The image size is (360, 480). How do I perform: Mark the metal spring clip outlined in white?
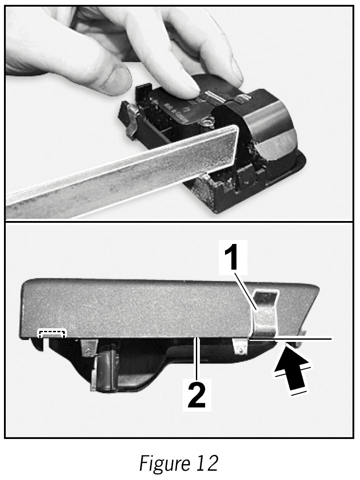click(265, 314)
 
